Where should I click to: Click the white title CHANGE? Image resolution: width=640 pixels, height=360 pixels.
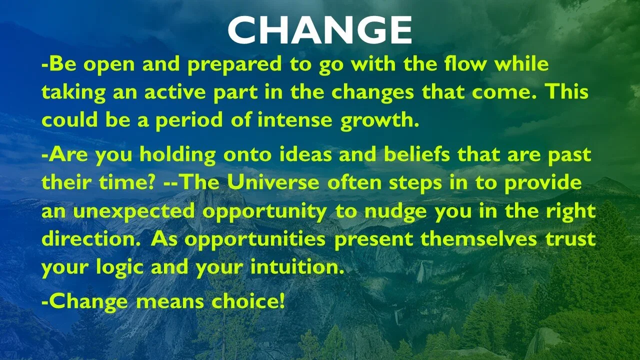click(319, 29)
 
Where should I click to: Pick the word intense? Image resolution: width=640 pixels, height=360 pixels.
click(295, 119)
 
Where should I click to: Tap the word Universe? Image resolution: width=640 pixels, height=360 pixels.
click(273, 181)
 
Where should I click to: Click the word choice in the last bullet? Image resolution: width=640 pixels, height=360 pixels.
click(248, 301)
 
